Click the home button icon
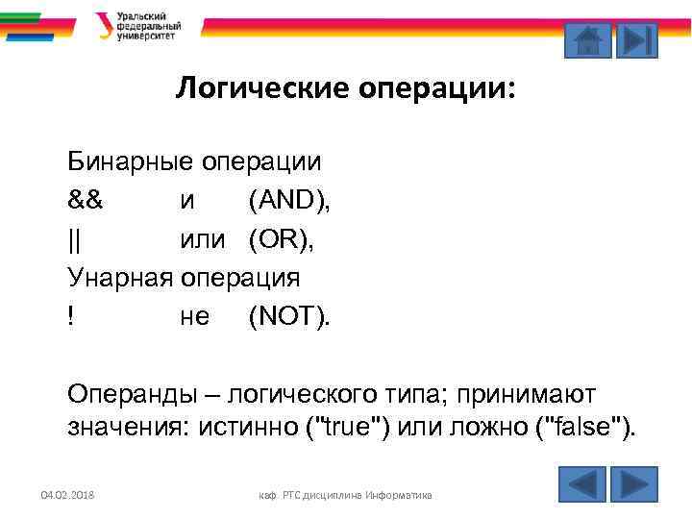(x=585, y=40)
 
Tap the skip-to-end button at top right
(x=636, y=40)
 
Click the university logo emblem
(x=104, y=26)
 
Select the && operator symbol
(x=86, y=201)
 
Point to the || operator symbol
(x=74, y=240)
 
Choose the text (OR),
(x=281, y=240)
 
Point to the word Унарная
(x=119, y=279)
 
